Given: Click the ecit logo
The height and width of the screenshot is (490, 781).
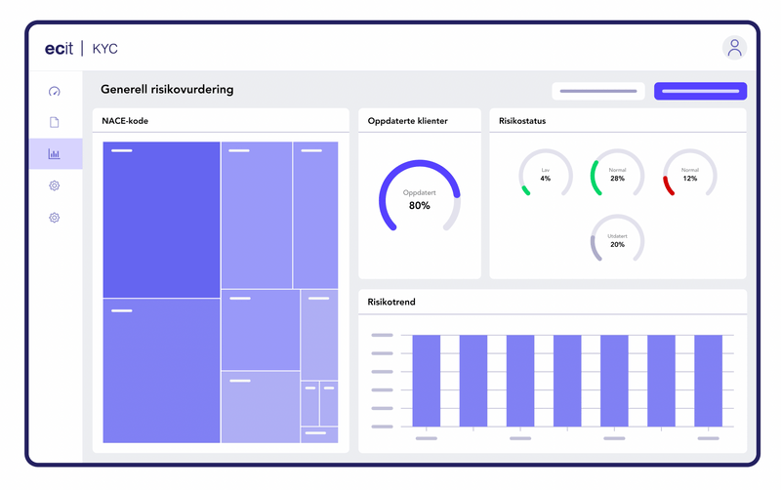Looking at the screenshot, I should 62,48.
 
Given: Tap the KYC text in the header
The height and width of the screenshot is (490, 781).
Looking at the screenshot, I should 105,49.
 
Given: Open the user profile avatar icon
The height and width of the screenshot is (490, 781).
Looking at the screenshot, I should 734,47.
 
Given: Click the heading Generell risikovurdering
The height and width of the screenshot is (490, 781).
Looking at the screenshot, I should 167,90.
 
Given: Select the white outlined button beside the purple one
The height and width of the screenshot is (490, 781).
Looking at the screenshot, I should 597,91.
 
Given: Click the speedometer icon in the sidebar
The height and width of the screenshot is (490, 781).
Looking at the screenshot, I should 55,92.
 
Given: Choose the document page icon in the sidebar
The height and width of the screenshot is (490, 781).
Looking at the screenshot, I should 55,122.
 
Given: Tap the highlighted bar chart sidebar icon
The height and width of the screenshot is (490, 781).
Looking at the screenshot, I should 55,153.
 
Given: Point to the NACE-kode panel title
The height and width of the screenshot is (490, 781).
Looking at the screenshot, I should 125,121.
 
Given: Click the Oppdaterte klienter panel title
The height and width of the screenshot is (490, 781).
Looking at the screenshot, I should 408,121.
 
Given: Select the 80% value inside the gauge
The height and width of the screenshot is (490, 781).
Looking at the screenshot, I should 419,206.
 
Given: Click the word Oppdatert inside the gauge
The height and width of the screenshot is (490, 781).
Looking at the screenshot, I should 419,193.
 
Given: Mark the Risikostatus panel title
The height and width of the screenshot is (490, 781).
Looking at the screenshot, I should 521,121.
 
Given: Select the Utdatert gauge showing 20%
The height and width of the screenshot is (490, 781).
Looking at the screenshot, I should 617,240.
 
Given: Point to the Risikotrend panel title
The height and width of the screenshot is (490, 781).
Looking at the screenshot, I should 391,302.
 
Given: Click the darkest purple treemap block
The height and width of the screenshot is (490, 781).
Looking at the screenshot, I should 161,220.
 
